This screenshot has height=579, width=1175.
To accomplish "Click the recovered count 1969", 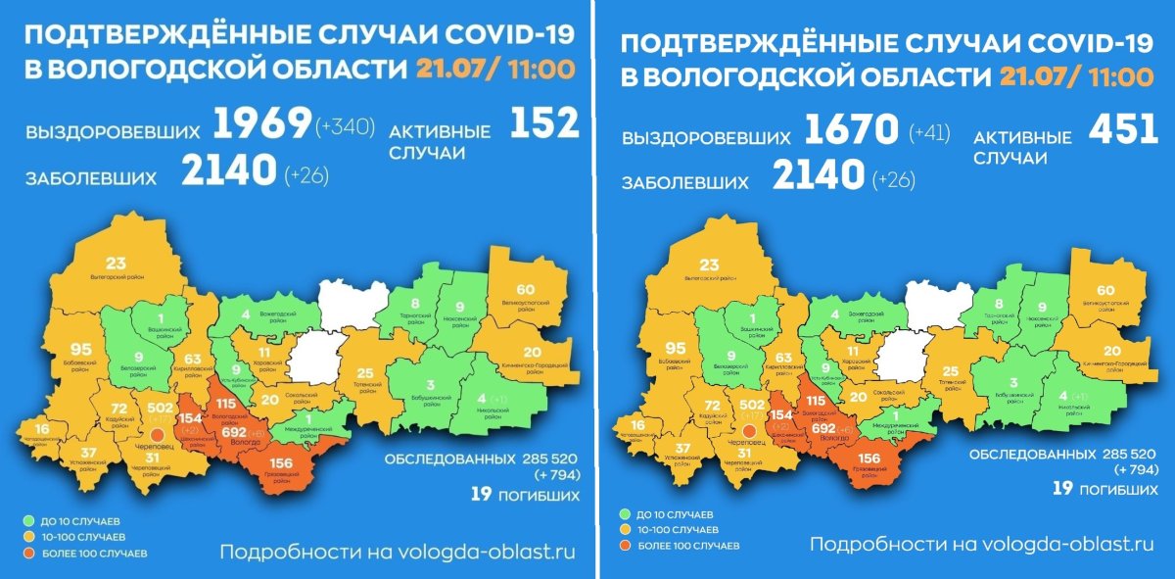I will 261,124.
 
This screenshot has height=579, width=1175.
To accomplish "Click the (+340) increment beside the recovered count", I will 345,126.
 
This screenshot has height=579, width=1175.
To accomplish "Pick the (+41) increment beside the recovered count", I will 929,132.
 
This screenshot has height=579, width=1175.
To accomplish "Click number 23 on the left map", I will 117,263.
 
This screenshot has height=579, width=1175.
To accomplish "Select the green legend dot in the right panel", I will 624,514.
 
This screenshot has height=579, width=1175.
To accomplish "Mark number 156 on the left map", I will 281,463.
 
